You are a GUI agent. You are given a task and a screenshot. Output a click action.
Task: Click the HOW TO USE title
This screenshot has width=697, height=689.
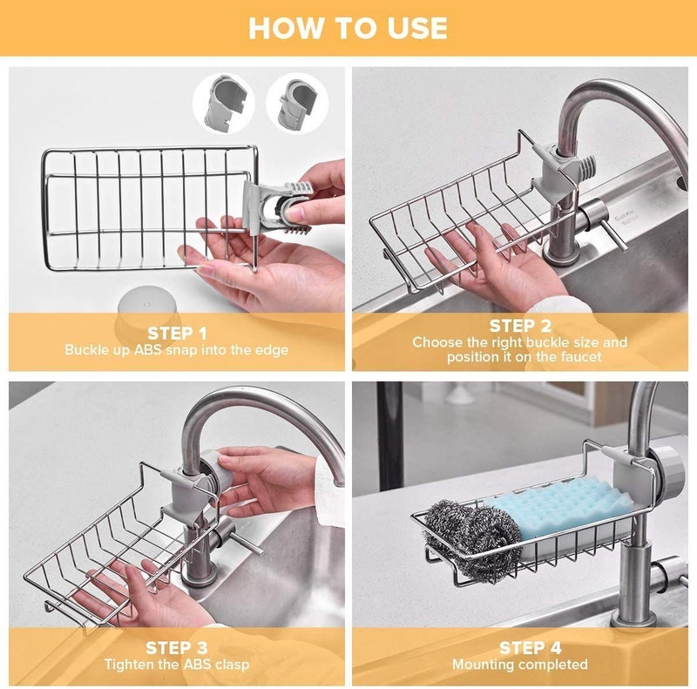coord(348,28)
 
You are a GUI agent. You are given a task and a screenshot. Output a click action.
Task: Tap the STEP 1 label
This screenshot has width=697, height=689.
coord(177,333)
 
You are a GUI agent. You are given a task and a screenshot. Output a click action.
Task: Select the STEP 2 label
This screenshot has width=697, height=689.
coord(519,326)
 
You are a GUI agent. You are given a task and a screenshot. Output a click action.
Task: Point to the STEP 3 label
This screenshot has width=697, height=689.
coord(177,647)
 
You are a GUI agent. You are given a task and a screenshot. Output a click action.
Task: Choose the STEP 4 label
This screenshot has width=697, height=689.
coord(519,647)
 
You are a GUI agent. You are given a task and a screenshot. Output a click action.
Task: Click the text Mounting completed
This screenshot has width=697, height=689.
coord(519,665)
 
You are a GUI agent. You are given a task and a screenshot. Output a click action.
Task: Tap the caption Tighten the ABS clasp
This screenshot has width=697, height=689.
coord(177,665)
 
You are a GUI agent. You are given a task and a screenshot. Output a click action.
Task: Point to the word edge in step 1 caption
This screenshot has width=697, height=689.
coord(269,350)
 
